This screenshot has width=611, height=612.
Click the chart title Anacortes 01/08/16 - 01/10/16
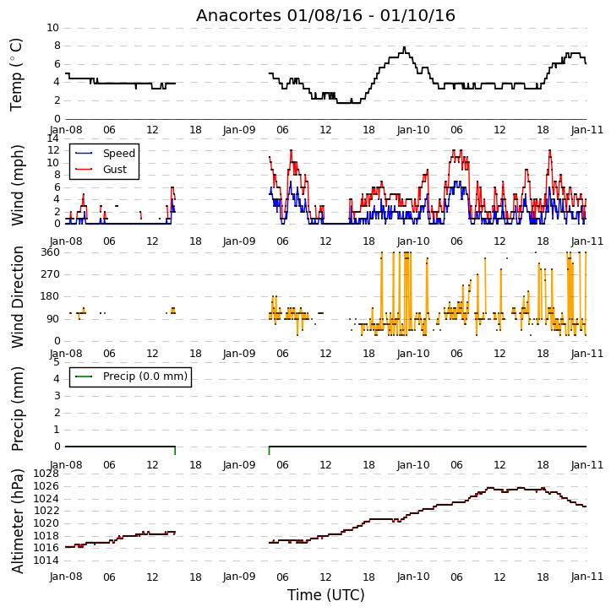(325, 15)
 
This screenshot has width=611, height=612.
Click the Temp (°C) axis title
(16, 74)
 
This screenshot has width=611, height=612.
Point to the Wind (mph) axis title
(17, 185)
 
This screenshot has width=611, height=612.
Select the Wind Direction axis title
(17, 297)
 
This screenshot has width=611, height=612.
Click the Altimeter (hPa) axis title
(17, 521)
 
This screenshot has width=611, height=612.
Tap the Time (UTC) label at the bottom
(326, 595)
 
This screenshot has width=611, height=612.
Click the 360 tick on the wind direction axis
(51, 252)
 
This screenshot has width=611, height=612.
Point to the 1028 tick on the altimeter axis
(46, 474)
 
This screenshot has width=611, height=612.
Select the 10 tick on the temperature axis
(52, 28)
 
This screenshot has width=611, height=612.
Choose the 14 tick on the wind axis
(52, 138)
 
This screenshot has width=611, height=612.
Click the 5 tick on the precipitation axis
(57, 362)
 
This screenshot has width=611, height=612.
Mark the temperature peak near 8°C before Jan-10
(404, 47)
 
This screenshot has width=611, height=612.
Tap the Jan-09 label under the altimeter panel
(239, 577)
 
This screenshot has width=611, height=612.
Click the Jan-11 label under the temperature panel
(586, 130)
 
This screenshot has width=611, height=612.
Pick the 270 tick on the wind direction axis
(51, 274)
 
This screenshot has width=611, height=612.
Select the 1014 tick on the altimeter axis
(46, 561)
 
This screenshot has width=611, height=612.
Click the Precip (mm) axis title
(17, 409)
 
